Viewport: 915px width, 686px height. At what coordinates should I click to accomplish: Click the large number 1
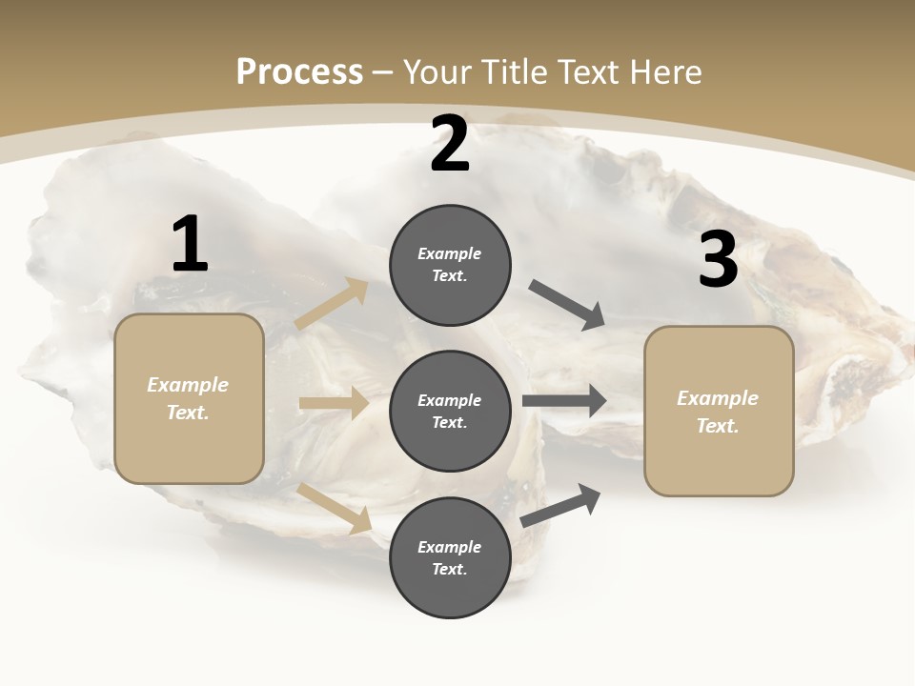click(x=190, y=245)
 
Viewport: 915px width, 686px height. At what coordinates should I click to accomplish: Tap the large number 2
click(x=450, y=144)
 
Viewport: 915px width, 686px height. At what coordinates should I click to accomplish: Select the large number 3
click(x=718, y=260)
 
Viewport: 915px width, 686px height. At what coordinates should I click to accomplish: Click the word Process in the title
click(x=299, y=71)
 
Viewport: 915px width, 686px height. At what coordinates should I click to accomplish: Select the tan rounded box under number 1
click(x=189, y=398)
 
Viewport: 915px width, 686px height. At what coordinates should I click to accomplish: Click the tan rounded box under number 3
click(x=719, y=412)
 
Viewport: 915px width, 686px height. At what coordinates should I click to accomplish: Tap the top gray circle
click(x=450, y=265)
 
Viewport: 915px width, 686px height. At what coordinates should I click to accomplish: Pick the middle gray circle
click(x=450, y=412)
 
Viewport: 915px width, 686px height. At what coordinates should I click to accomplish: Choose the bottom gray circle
click(x=450, y=557)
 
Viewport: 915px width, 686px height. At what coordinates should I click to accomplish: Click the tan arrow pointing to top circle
click(x=332, y=304)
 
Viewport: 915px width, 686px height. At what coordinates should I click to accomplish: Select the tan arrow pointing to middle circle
click(x=334, y=403)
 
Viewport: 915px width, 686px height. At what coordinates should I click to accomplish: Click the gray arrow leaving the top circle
click(x=567, y=305)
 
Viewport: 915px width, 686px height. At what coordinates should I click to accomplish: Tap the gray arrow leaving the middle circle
click(x=564, y=400)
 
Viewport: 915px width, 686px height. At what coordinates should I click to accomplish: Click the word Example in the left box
click(x=188, y=385)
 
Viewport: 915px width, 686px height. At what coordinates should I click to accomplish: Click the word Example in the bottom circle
click(x=449, y=547)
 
